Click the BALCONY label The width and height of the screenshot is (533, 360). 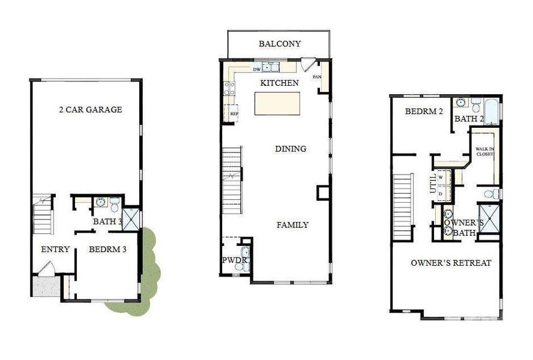tap(279, 44)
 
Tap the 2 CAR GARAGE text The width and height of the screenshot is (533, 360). tap(90, 110)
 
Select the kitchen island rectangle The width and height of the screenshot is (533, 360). tap(277, 103)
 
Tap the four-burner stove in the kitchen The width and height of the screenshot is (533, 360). tap(229, 89)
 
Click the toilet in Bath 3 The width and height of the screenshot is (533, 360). tap(114, 205)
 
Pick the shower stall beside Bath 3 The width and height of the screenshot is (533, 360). tap(131, 218)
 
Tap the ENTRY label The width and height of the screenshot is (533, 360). tap(55, 250)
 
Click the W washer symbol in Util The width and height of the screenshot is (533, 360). tap(441, 178)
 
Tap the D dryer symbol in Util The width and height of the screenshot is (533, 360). tap(441, 193)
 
